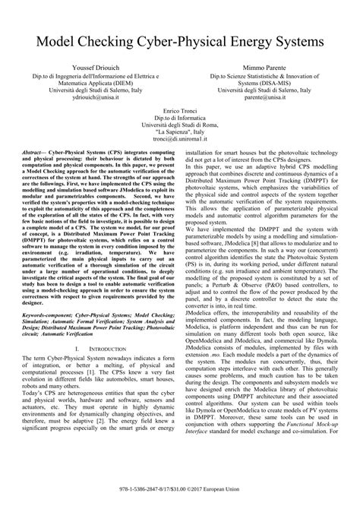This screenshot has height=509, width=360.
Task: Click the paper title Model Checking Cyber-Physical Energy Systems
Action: [180, 38]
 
